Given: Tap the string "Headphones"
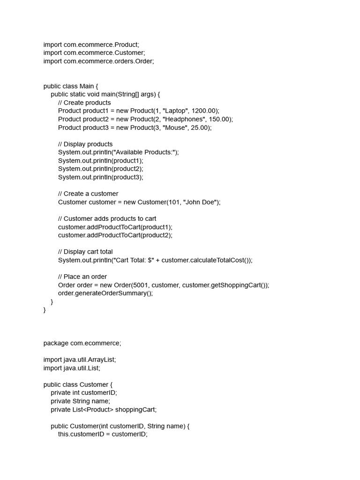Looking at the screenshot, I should click(x=183, y=120).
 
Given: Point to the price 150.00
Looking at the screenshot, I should click(x=219, y=120).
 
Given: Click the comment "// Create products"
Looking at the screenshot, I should click(x=84, y=103).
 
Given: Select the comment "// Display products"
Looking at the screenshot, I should click(x=85, y=144).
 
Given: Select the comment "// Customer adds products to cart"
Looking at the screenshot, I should click(x=107, y=218).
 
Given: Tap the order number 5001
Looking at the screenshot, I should click(x=140, y=285).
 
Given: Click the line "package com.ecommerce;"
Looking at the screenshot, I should click(x=82, y=343).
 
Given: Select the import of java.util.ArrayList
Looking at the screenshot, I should click(x=80, y=360).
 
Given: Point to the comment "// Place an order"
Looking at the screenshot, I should click(x=82, y=277).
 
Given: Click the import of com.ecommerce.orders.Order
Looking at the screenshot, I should click(x=98, y=61).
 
